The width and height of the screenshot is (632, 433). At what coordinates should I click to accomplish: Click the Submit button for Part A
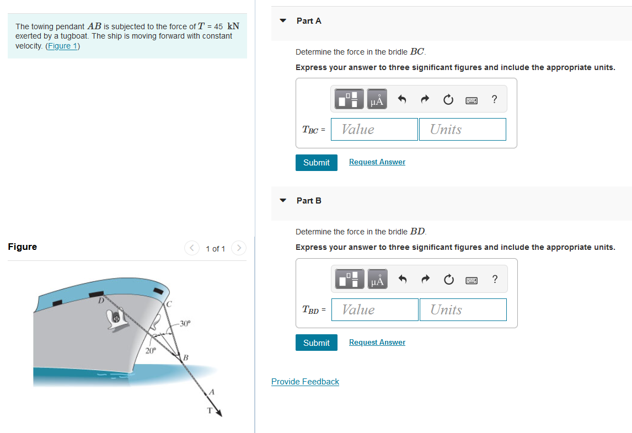(316, 163)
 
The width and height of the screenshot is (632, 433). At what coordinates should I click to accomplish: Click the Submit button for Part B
(316, 343)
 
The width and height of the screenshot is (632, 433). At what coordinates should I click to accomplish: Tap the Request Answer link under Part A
(377, 162)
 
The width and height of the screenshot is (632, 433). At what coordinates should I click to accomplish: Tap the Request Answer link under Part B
(377, 343)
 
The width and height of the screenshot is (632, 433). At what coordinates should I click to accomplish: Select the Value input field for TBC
(374, 130)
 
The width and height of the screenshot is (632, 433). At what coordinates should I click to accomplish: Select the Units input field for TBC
(462, 130)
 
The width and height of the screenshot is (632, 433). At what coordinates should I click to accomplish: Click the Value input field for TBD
(374, 310)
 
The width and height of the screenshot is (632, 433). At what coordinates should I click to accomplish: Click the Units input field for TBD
(463, 310)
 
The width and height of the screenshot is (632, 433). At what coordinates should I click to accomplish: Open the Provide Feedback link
(305, 382)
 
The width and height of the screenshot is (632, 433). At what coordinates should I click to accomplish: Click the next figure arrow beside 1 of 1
(238, 248)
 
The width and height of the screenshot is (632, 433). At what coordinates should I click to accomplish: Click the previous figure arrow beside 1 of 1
(191, 248)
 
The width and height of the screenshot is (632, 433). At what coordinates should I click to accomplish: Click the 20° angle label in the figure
(150, 350)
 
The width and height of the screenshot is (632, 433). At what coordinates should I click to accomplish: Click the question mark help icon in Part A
(494, 100)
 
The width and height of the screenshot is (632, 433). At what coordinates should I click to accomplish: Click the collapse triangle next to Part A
(283, 21)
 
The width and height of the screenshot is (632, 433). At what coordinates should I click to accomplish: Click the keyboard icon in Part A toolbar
(472, 100)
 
